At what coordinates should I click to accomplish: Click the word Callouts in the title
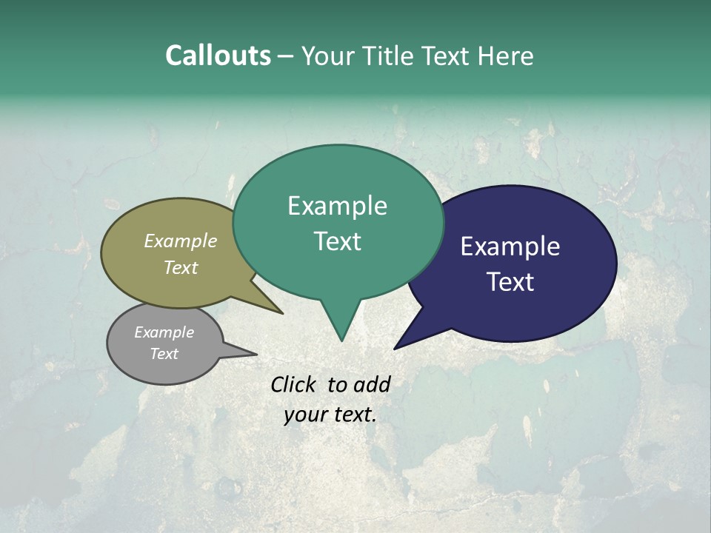(218, 56)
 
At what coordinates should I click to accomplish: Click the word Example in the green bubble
(337, 206)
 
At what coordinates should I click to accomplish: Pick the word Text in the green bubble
(337, 241)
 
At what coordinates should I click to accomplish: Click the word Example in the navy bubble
(510, 247)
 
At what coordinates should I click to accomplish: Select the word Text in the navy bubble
(510, 282)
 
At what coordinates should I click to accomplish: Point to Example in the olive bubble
(181, 241)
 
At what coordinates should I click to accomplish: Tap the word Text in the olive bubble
(181, 267)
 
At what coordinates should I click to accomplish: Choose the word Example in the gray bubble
(164, 332)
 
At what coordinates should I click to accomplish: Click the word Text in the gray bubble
(164, 354)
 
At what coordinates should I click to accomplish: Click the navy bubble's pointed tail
(398, 346)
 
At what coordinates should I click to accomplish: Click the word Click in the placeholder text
(293, 384)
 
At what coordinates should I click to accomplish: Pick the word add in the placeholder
(372, 384)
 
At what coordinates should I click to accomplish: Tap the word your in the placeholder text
(304, 415)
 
